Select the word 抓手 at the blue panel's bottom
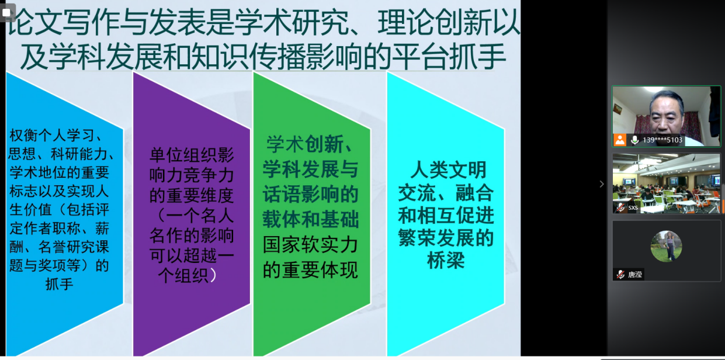[x=59, y=284]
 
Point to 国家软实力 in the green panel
[x=310, y=245]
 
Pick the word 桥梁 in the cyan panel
[x=446, y=260]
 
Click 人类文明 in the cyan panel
[x=448, y=170]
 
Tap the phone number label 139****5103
[x=662, y=140]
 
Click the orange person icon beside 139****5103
[x=620, y=140]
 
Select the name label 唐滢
[x=634, y=275]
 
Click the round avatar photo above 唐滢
[x=666, y=246]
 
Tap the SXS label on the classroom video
[x=633, y=208]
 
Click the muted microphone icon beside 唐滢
[x=620, y=275]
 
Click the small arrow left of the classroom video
[x=601, y=184]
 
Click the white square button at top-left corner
[x=6, y=13]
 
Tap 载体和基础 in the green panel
[x=310, y=220]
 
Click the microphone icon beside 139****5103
[x=634, y=140]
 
